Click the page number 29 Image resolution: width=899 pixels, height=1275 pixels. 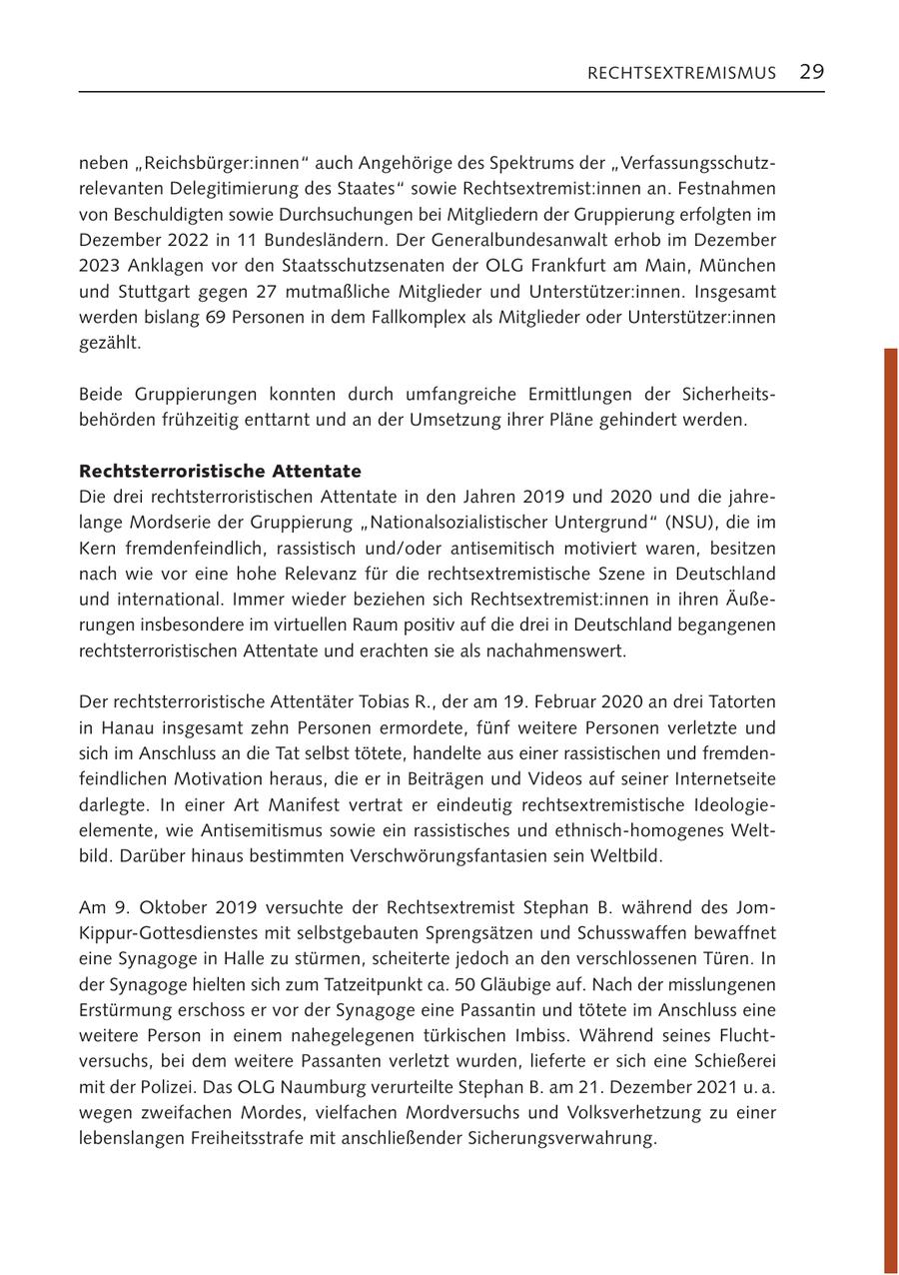811,72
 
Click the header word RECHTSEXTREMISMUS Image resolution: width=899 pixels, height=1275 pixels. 681,73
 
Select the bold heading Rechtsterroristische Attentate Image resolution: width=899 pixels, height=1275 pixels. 220,471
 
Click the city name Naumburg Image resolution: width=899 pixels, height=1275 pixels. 302,1088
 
